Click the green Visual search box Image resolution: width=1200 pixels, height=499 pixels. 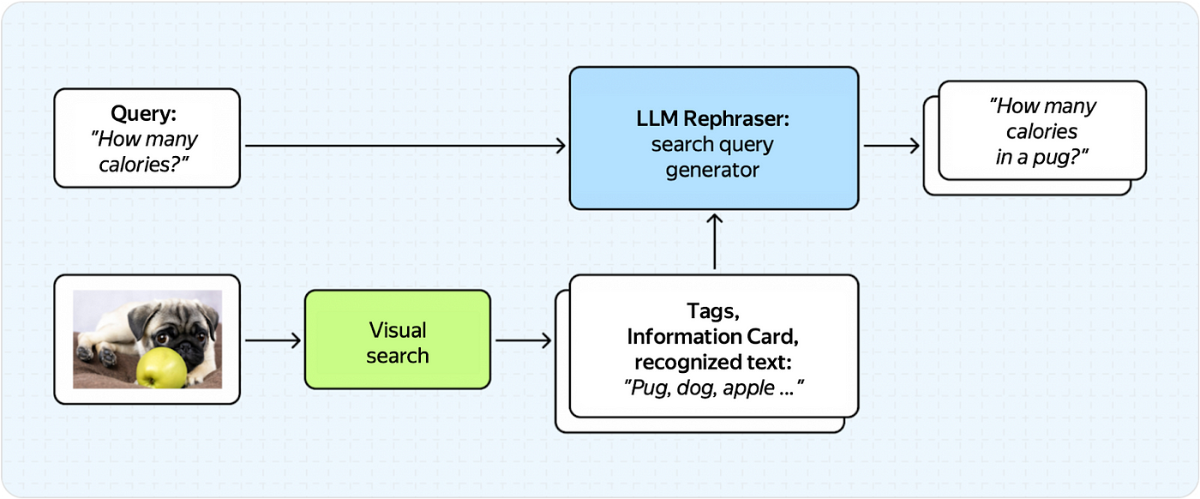(x=398, y=340)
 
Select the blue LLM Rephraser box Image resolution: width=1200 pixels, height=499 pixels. (x=713, y=138)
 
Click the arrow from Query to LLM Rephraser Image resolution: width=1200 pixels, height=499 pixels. (x=403, y=147)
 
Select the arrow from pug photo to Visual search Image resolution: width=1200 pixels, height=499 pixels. (x=272, y=340)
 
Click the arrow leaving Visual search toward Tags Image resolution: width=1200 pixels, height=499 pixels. (x=523, y=340)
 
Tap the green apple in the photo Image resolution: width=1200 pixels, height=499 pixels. (x=161, y=367)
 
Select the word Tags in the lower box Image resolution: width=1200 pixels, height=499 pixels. (x=713, y=310)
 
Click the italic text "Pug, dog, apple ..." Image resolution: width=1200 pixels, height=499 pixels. (x=713, y=386)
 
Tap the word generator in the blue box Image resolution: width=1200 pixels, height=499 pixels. (x=713, y=170)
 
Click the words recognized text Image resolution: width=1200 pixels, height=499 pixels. (x=712, y=360)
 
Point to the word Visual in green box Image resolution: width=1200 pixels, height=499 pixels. (x=398, y=329)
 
